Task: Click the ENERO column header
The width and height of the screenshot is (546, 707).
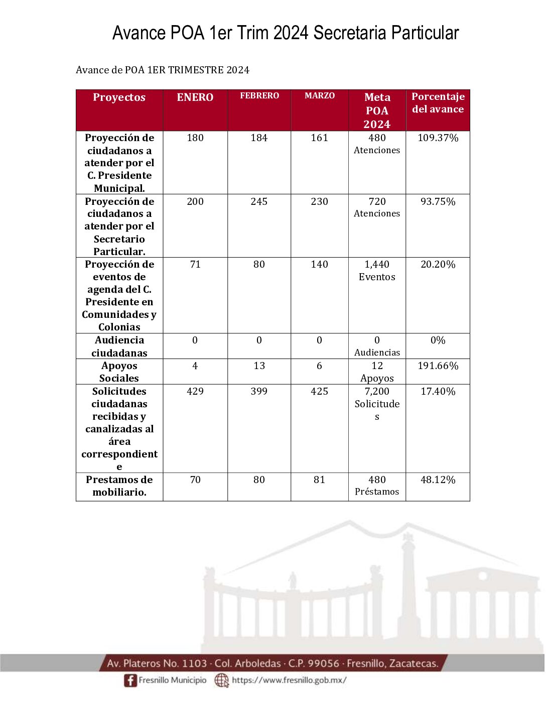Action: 195,97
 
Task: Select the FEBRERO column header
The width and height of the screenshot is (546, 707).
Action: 259,95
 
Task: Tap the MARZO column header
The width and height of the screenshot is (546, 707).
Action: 320,95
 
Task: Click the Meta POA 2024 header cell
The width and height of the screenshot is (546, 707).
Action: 377,110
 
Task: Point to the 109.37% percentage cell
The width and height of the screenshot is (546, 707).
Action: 438,138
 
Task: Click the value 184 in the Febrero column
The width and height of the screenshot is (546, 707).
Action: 259,138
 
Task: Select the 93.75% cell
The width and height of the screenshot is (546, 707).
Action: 438,202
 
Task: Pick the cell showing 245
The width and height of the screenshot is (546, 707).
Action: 259,202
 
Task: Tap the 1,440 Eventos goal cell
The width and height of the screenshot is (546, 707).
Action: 377,271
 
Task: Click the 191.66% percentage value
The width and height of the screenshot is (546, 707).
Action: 438,366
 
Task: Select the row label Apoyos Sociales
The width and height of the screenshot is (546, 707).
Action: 119,372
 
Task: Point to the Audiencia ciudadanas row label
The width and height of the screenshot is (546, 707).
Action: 119,346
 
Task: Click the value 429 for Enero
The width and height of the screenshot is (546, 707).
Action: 195,392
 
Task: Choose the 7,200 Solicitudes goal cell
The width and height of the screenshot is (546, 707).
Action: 377,404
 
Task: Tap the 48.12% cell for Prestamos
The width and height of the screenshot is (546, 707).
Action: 438,480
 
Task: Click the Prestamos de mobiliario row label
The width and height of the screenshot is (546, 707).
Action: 119,486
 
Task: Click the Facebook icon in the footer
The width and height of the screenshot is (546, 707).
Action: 130,680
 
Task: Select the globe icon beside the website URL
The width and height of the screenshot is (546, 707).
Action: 221,680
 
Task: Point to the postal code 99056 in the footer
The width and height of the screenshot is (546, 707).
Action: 324,663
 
